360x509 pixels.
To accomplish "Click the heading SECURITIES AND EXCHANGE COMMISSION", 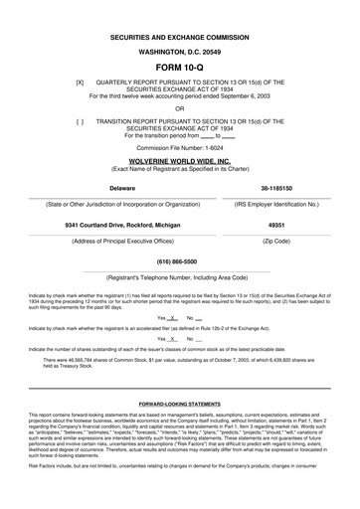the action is point(180,34).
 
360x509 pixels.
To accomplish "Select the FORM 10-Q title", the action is point(180,68).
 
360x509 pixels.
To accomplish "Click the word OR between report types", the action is point(180,108).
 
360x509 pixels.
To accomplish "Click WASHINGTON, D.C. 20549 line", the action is point(180,50).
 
